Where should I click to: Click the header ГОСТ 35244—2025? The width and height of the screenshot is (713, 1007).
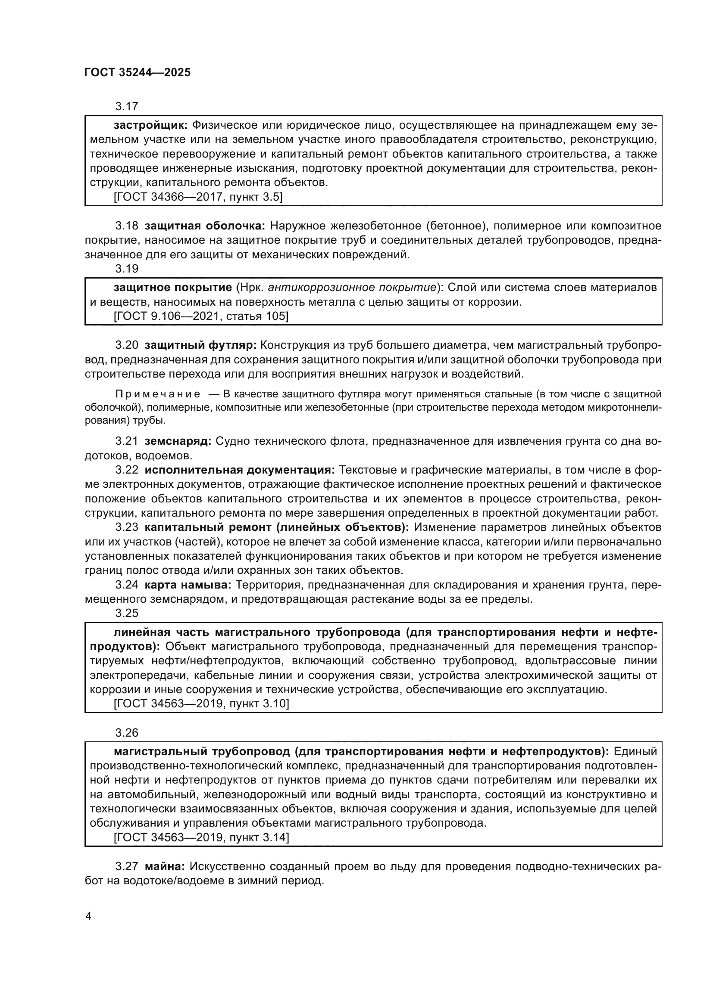tap(138, 73)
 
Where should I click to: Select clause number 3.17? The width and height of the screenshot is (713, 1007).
tap(126, 107)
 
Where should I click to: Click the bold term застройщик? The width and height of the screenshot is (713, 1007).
tap(150, 125)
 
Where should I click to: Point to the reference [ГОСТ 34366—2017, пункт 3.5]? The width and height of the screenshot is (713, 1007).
tap(197, 197)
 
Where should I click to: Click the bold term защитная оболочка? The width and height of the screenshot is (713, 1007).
tap(205, 226)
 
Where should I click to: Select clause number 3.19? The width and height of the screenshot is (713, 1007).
tap(126, 268)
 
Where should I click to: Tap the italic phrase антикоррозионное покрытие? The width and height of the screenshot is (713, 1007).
tap(352, 288)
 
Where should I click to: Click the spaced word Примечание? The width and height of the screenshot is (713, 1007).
tap(158, 394)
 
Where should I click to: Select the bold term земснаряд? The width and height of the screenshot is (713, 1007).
tap(178, 441)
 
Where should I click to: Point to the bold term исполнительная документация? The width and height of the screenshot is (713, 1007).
tap(240, 470)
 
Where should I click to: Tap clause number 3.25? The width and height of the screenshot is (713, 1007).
tap(126, 613)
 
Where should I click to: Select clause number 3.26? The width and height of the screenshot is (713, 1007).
tap(126, 733)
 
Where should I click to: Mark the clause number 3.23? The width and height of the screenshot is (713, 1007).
tap(126, 528)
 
